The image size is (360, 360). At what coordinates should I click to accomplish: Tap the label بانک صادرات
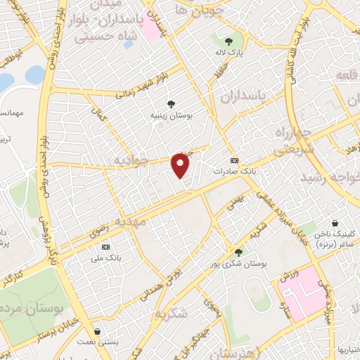pos(234,170)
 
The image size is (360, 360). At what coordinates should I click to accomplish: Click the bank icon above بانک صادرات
pos(234,160)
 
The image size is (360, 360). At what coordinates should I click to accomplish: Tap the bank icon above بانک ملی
pos(106,247)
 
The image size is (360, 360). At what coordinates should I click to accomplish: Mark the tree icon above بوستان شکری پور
pos(239,252)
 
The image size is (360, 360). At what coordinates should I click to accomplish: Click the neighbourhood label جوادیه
pos(129,162)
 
